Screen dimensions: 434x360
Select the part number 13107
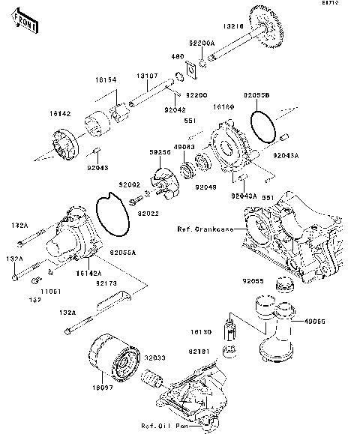pos(146,76)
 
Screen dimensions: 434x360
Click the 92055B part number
pos(257,97)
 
